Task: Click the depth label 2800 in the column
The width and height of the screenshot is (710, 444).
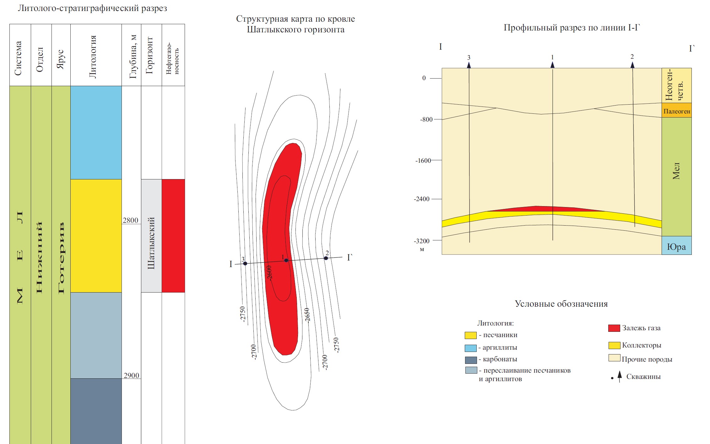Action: pos(130,220)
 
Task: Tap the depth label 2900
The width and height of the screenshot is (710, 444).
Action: pos(131,375)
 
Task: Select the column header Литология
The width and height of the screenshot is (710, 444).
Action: pos(93,57)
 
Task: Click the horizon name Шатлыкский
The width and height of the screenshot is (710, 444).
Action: pos(151,243)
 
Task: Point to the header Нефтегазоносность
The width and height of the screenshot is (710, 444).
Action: pos(173,58)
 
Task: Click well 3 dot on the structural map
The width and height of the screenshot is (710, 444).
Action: pos(245,263)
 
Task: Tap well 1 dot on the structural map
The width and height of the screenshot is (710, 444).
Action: pos(286,260)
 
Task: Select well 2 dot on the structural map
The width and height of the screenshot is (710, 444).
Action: pos(326,258)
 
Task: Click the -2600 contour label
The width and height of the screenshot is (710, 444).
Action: pos(269,272)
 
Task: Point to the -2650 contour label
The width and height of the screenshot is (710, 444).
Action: pos(307,315)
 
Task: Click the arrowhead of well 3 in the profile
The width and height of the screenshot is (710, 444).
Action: pos(469,65)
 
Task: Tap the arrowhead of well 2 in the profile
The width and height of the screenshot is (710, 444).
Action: pos(632,65)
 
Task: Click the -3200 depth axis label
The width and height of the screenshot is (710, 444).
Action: pos(421,241)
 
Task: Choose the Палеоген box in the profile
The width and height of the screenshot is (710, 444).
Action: pos(676,111)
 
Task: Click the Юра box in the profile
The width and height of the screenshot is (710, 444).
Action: pos(676,247)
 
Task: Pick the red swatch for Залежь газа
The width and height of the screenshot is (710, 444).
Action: pos(614,328)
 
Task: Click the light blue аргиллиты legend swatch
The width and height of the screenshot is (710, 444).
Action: pos(470,348)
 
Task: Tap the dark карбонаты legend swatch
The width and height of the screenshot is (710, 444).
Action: pos(471,360)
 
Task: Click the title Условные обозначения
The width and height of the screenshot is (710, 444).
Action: pos(561,304)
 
